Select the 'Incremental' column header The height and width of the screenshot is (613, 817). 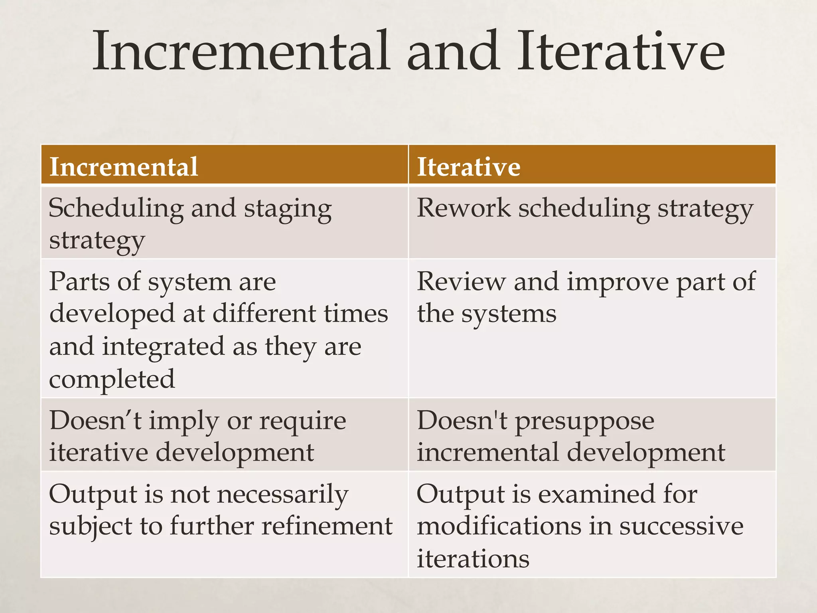tap(124, 166)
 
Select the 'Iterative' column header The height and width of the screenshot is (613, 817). tap(468, 166)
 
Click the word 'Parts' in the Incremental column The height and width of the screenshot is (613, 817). tap(79, 281)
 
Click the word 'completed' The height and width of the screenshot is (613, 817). tap(112, 379)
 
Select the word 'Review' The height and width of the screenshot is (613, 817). tap(461, 281)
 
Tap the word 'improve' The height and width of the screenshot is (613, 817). tap(618, 282)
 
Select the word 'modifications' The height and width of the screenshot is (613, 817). tap(499, 526)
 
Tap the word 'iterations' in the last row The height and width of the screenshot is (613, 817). tap(473, 559)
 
